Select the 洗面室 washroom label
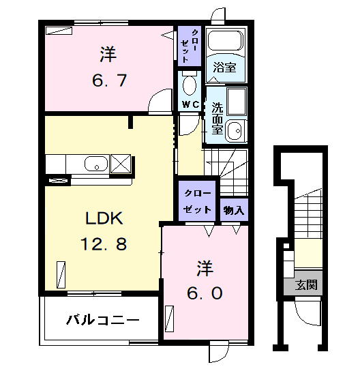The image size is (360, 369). click(x=217, y=117)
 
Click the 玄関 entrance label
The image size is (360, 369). click(x=305, y=284)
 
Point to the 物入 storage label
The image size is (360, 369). click(x=234, y=209)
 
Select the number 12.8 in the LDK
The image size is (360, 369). click(x=102, y=243)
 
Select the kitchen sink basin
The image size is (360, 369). click(x=95, y=164)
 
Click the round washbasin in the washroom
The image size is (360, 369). click(x=235, y=130)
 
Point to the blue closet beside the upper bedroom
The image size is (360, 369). click(x=189, y=46)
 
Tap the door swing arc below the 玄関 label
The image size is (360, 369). click(x=307, y=313)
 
